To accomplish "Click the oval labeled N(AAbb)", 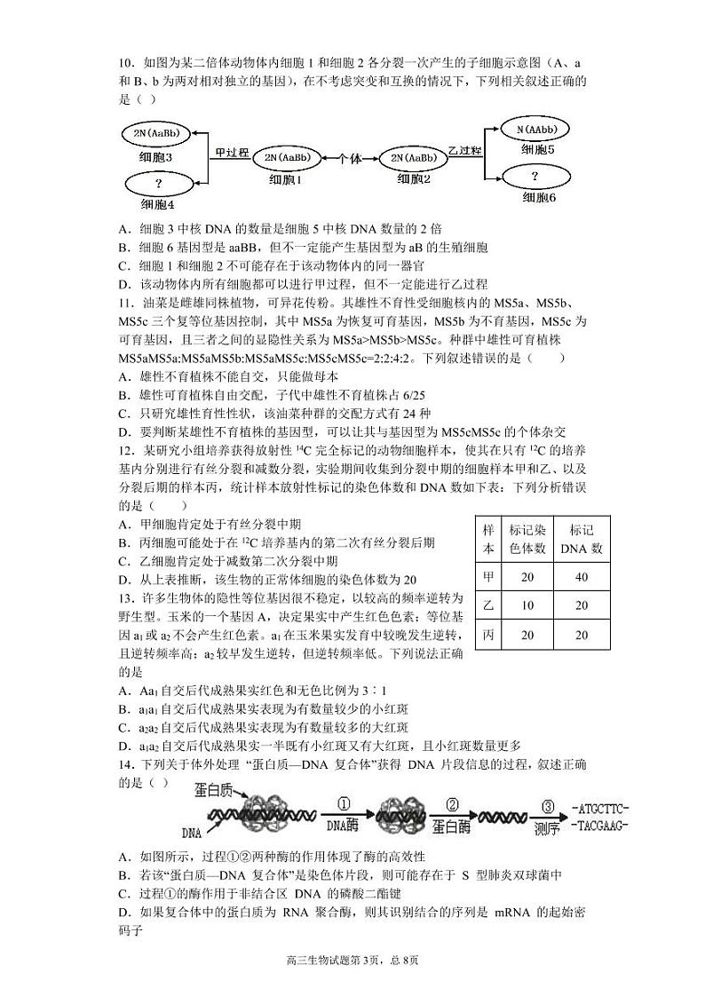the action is point(535,130).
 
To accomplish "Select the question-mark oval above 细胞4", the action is point(159,184).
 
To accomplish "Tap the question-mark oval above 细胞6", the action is point(535,175).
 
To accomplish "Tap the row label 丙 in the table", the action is point(487,635).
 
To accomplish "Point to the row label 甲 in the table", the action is point(487,577).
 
